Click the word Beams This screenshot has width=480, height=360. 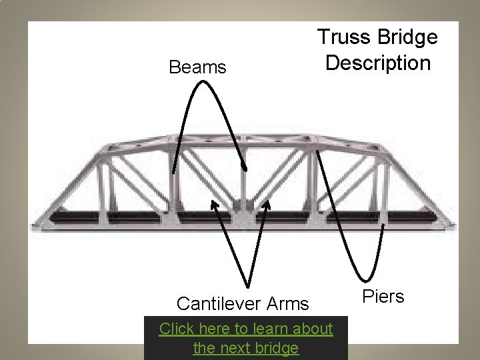click(x=197, y=67)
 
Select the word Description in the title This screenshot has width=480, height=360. click(x=378, y=63)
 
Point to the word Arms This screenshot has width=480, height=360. click(x=287, y=304)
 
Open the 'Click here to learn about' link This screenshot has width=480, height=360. click(x=246, y=329)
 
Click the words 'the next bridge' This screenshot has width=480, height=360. click(x=246, y=348)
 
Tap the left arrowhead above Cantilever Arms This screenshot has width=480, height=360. click(x=214, y=203)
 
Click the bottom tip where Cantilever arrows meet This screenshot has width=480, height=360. click(x=249, y=286)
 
